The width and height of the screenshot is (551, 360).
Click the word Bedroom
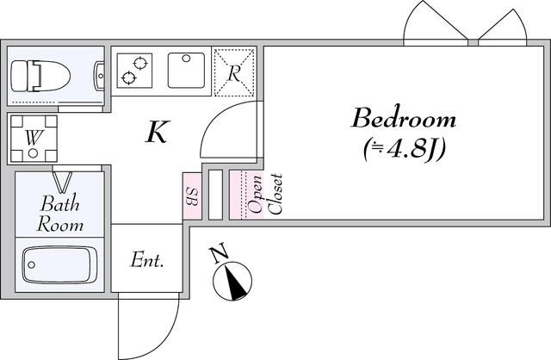(404, 119)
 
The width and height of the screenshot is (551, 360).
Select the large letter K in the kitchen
(158, 132)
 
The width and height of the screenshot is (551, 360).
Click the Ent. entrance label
(147, 260)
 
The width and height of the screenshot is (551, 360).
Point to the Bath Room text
(60, 214)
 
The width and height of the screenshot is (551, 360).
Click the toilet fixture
(40, 76)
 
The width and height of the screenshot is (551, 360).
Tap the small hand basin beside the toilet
(100, 76)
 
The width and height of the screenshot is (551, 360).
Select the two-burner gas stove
(134, 71)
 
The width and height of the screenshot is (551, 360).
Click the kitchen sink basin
(186, 70)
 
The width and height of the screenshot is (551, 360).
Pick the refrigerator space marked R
(234, 72)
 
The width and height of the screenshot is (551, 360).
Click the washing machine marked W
(34, 139)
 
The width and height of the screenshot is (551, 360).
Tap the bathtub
(59, 264)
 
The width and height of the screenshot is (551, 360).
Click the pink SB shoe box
(192, 196)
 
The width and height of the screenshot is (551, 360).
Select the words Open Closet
(264, 194)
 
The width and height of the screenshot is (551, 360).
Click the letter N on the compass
(219, 254)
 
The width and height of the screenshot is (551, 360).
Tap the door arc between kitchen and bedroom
(214, 121)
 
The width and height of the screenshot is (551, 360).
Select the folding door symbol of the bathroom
(63, 182)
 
